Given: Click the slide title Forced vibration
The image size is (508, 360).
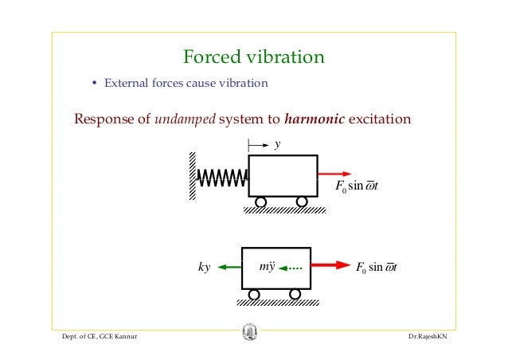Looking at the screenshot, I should [x=253, y=57].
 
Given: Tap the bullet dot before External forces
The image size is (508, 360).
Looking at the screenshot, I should [x=94, y=83].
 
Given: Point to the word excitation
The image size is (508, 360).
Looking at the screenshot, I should [x=380, y=120].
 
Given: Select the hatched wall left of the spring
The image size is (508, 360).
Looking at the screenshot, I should [x=193, y=177].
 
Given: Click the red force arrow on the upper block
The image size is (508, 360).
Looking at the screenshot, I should [x=334, y=174].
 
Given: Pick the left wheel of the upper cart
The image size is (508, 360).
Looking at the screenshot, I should [x=260, y=202].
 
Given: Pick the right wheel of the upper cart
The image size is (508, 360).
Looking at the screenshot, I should [x=302, y=202].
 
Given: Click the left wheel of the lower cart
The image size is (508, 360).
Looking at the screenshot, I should [x=254, y=295].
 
